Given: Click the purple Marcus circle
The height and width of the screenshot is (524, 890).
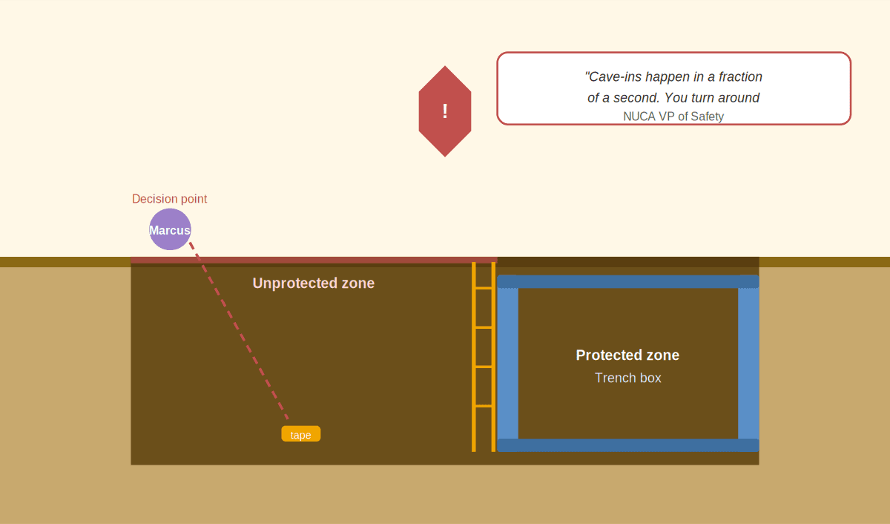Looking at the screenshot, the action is (170, 229).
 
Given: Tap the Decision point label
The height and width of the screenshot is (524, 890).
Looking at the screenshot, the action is (169, 199).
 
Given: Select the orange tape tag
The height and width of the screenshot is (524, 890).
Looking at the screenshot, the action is (301, 433).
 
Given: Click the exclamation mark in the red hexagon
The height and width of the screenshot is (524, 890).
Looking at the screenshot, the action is (445, 111).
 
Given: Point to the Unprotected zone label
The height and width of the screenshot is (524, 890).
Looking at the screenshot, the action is (314, 283).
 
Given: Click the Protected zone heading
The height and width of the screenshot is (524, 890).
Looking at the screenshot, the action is (627, 355).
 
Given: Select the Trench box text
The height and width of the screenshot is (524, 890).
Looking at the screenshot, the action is (627, 378).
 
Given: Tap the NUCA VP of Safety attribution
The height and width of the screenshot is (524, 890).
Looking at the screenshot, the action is (673, 117).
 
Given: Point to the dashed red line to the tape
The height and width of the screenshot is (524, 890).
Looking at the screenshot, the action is (239, 331).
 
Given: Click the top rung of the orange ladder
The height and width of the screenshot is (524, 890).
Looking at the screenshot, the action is (484, 288).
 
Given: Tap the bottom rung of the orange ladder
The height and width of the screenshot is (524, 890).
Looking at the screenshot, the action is (484, 406).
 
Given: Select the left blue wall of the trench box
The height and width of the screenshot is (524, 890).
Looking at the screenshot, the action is (508, 364).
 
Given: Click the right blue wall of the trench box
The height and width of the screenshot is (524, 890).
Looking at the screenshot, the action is (748, 364).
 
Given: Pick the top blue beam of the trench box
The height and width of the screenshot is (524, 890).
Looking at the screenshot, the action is (628, 281).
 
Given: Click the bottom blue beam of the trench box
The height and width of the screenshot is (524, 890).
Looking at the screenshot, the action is (628, 445).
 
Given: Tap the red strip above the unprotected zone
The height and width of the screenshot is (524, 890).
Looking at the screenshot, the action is (314, 260).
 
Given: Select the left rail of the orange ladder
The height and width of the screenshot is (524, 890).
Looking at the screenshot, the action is (474, 356).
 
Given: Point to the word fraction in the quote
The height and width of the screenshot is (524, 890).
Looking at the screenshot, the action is (740, 76).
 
